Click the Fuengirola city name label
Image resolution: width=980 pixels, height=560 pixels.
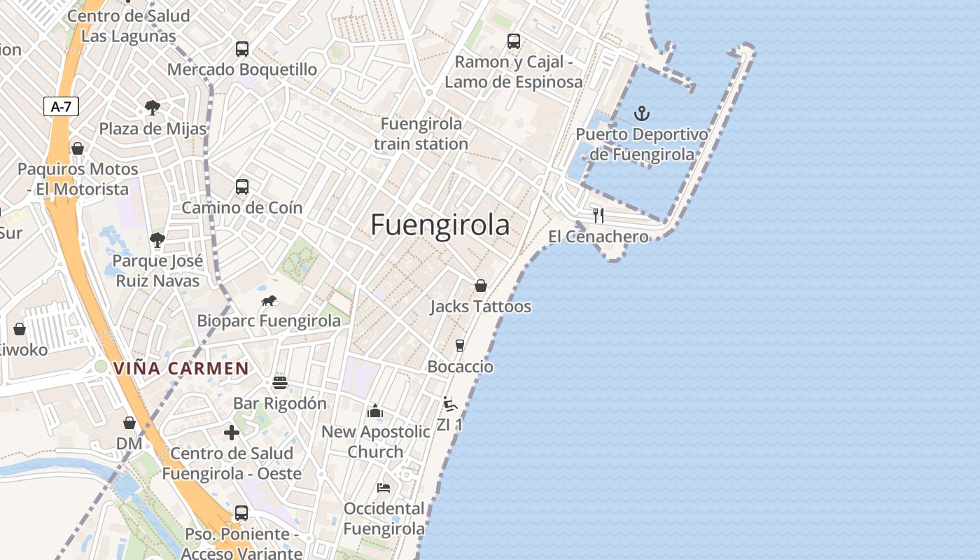coord(440,225)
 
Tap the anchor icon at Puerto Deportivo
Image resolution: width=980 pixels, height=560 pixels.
coord(641,113)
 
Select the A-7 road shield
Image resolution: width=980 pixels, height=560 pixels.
coord(62,106)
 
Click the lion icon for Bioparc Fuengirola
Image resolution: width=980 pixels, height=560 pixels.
coord(269,301)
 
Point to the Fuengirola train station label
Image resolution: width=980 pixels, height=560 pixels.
coord(421,134)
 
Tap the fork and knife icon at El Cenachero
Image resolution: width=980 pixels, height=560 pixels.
coord(598,215)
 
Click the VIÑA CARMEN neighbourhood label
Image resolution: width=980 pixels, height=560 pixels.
coord(181,368)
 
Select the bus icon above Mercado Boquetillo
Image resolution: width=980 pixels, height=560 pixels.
coord(242,49)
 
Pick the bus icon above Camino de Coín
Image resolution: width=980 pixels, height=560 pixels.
coord(242,187)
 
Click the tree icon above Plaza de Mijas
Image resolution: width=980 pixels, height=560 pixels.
coord(153,108)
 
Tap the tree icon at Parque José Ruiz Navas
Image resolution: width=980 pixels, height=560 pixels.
coord(157,240)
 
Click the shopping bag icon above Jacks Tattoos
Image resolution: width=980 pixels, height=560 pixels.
coord(481,286)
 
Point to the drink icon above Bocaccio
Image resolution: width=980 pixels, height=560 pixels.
coord(460,345)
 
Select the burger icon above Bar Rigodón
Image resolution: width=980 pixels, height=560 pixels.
coord(280,382)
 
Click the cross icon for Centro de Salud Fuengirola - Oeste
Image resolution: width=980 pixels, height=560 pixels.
coord(232,433)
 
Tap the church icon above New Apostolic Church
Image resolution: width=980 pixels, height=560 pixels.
coord(375,411)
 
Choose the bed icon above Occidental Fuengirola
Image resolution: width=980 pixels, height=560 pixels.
coord(384,487)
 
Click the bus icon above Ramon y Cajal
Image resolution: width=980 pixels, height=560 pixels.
coord(514,41)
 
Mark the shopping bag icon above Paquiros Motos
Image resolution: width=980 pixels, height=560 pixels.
coord(78,148)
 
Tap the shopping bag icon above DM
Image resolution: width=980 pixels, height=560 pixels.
coord(129,423)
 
